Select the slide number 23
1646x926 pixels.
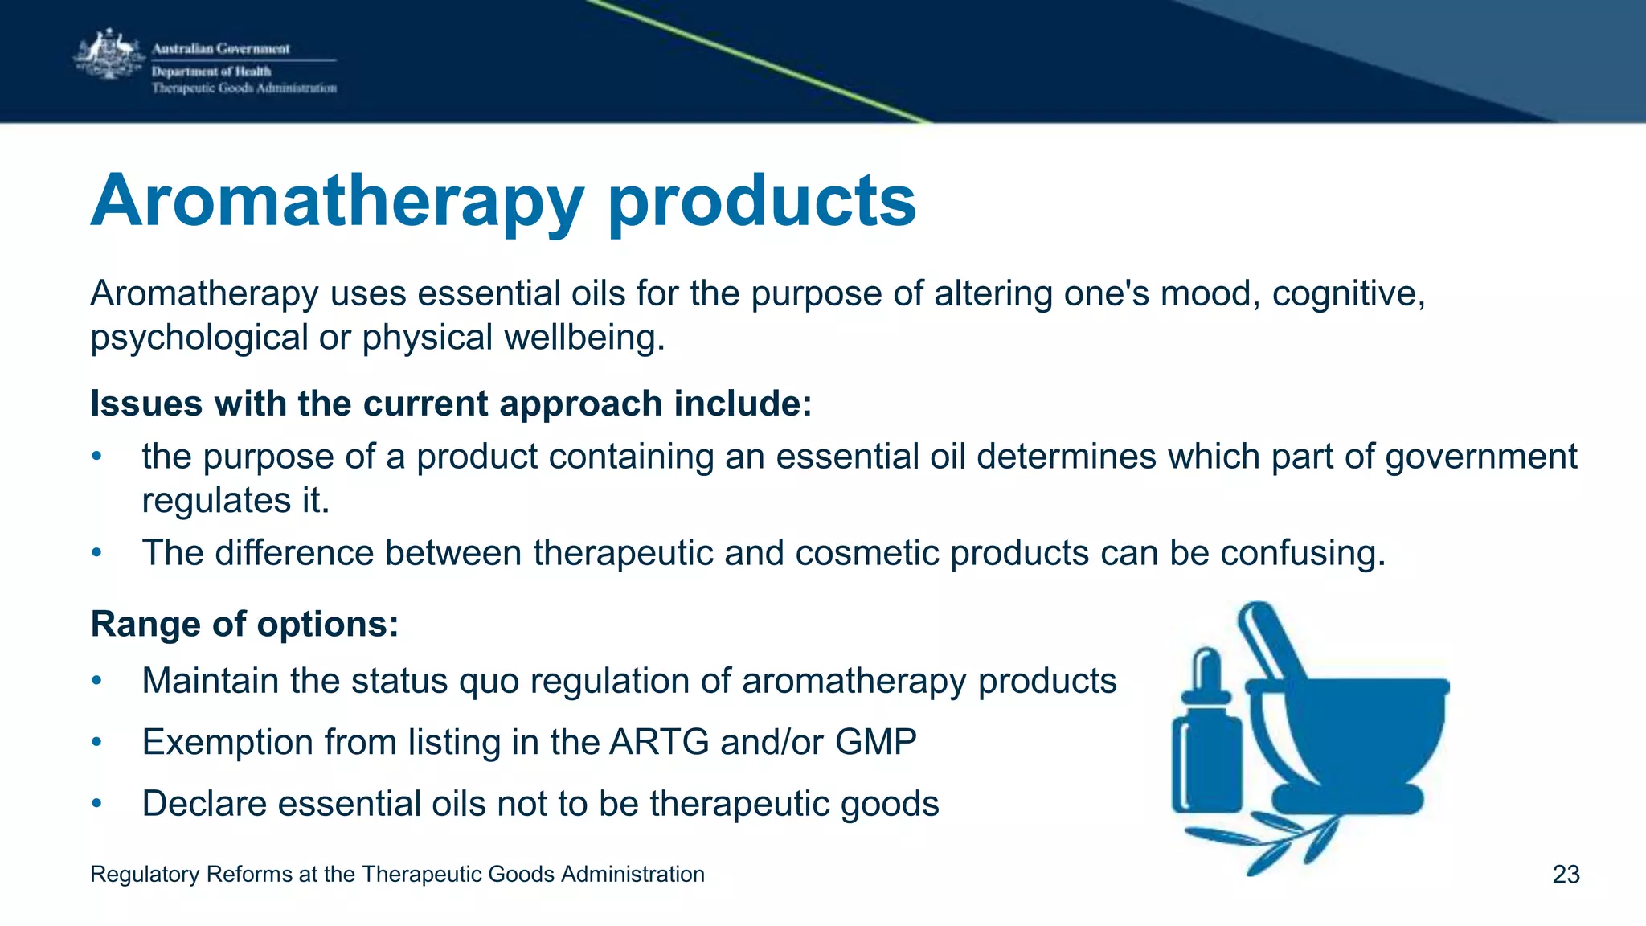click(1566, 874)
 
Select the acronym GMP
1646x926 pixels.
click(875, 741)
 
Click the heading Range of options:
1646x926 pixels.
click(244, 624)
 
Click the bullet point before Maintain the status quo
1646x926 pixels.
click(96, 681)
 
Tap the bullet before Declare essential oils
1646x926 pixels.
click(96, 803)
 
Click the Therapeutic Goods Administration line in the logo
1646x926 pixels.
click(244, 88)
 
